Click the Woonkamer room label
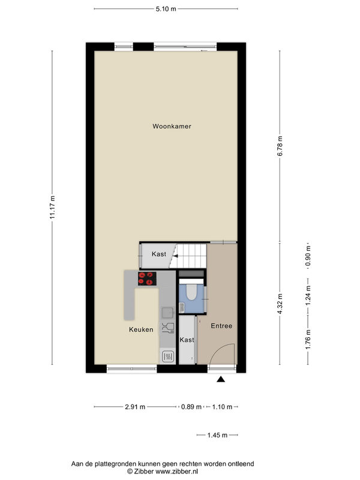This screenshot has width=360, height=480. point(172,126)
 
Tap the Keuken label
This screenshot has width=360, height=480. point(141,329)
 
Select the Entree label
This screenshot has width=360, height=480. point(221,326)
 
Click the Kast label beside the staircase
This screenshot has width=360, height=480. point(159,254)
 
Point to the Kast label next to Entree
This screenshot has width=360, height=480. point(187,340)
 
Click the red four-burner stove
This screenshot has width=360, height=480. point(147,278)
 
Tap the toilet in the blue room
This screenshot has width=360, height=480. point(191,292)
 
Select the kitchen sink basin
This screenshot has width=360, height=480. point(168,313)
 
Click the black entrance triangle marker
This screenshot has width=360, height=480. point(221,380)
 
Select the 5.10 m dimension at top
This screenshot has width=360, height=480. point(166,9)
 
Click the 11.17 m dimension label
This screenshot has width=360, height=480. point(53,207)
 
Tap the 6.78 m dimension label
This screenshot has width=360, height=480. point(280,146)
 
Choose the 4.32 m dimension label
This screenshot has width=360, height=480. point(280,304)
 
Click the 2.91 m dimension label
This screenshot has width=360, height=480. point(135,407)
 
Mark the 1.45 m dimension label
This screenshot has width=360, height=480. point(217,435)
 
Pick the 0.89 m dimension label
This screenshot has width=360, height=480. point(191,407)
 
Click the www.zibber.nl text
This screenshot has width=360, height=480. point(176,472)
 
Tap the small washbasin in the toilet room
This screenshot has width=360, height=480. point(182,307)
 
